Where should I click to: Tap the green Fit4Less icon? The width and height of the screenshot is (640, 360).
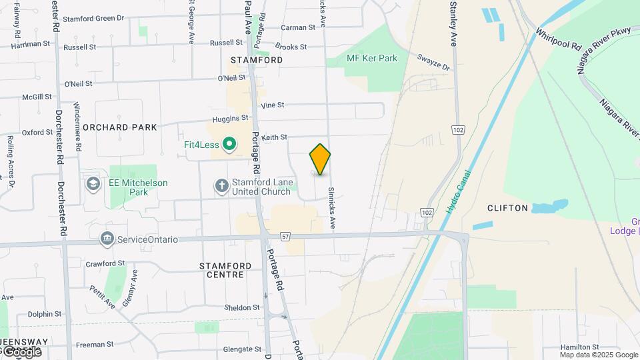(229, 143)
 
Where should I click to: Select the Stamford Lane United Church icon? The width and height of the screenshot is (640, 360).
(221, 186)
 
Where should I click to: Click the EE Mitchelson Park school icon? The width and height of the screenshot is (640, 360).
(93, 183)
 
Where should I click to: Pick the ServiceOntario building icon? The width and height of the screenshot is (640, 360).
(107, 239)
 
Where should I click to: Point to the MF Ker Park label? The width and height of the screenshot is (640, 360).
(372, 58)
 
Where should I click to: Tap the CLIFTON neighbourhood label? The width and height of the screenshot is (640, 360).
(508, 208)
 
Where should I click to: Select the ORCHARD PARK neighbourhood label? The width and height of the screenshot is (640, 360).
(121, 127)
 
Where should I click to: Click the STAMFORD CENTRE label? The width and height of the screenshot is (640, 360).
(226, 270)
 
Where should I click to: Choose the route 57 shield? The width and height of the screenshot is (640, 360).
(285, 236)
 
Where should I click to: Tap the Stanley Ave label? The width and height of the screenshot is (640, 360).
(453, 23)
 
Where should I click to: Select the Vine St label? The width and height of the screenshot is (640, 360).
(273, 105)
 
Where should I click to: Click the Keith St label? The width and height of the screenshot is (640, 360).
(274, 137)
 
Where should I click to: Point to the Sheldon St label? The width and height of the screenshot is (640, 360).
(242, 307)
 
